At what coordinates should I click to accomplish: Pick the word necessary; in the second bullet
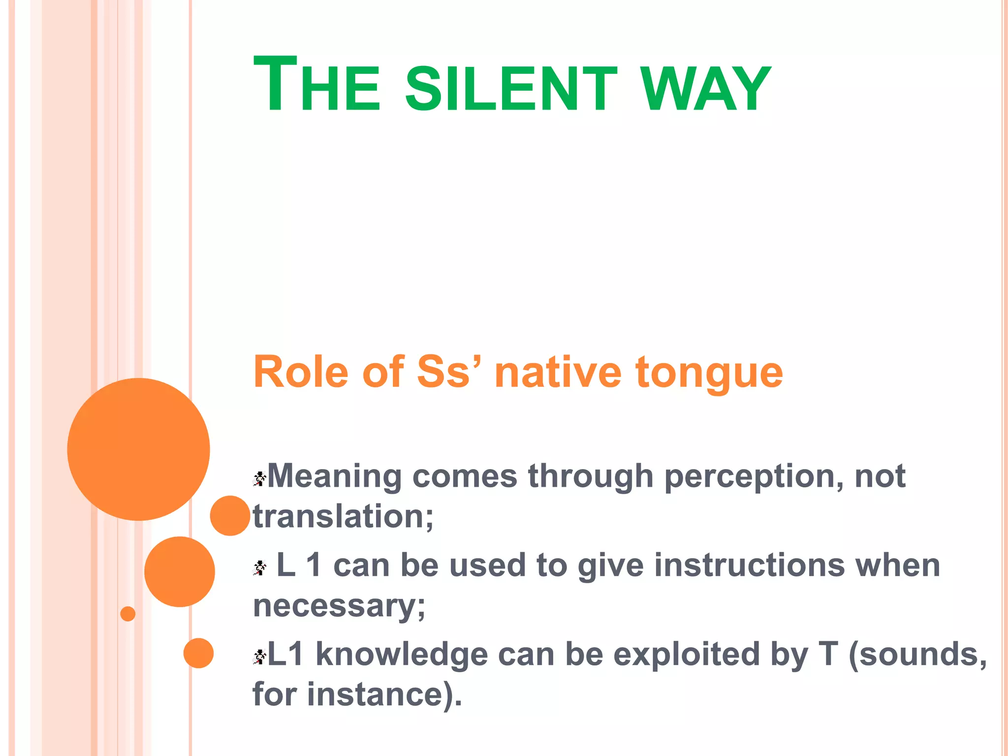point(339,606)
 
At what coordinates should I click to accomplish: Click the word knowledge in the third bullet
point(401,655)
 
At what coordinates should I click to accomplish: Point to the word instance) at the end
point(384,695)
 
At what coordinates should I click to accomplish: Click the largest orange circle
point(138,449)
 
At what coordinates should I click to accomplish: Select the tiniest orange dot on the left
point(127,614)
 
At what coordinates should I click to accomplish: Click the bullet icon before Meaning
point(259,478)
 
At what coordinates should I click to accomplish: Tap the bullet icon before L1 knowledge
point(259,656)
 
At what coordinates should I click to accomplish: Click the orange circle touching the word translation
point(230,515)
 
